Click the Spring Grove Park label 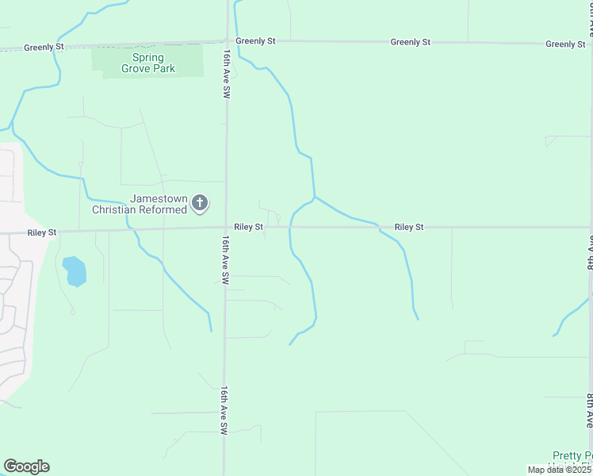143,63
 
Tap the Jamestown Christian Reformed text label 140,204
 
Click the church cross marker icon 200,204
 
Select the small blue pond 74,271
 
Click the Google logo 26,466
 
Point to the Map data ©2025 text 559,470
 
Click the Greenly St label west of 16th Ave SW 44,48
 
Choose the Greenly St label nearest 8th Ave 565,44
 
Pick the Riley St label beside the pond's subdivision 42,233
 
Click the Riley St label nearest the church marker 248,227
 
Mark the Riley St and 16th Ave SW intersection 226,228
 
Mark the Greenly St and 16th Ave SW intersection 227,41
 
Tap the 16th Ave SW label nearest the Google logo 224,409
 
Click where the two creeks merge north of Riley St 315,196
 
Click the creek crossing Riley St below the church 133,230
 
